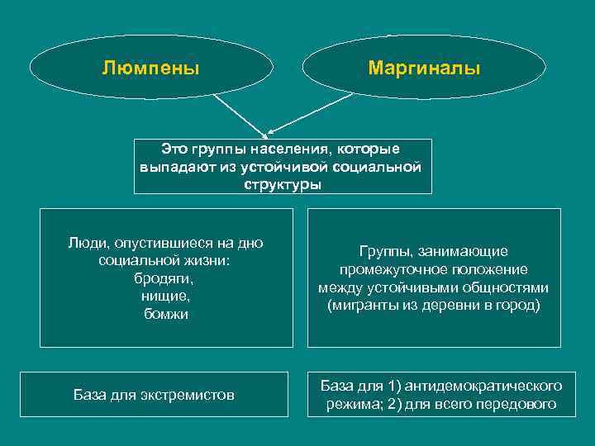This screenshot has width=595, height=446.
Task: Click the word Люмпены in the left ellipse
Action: point(150,67)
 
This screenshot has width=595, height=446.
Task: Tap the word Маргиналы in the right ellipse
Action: point(424,67)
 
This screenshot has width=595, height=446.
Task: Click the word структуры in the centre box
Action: point(283,183)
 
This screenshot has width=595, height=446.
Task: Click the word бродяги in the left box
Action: point(166,278)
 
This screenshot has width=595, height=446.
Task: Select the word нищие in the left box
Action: point(166,296)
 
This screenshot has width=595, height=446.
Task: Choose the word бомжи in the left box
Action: point(166,314)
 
